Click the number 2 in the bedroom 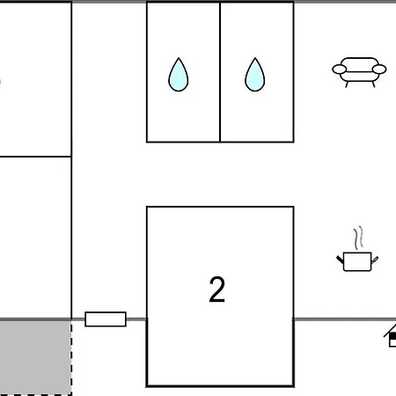point(217,290)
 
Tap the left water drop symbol point(179,75)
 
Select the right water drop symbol point(255,75)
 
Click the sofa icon point(359,72)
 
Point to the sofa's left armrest point(340,70)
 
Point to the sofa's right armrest point(379,70)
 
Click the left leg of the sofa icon point(347,84)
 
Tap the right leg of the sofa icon point(373,84)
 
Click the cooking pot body point(357,261)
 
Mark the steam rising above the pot point(358,238)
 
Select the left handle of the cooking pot point(340,260)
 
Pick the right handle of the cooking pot point(375,260)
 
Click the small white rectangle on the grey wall point(106,319)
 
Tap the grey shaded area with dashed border point(35,357)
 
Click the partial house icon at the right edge point(391,336)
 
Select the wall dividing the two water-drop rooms point(220,72)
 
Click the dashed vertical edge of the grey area point(71,358)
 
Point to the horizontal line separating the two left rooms point(35,157)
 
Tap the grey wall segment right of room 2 point(345,319)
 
